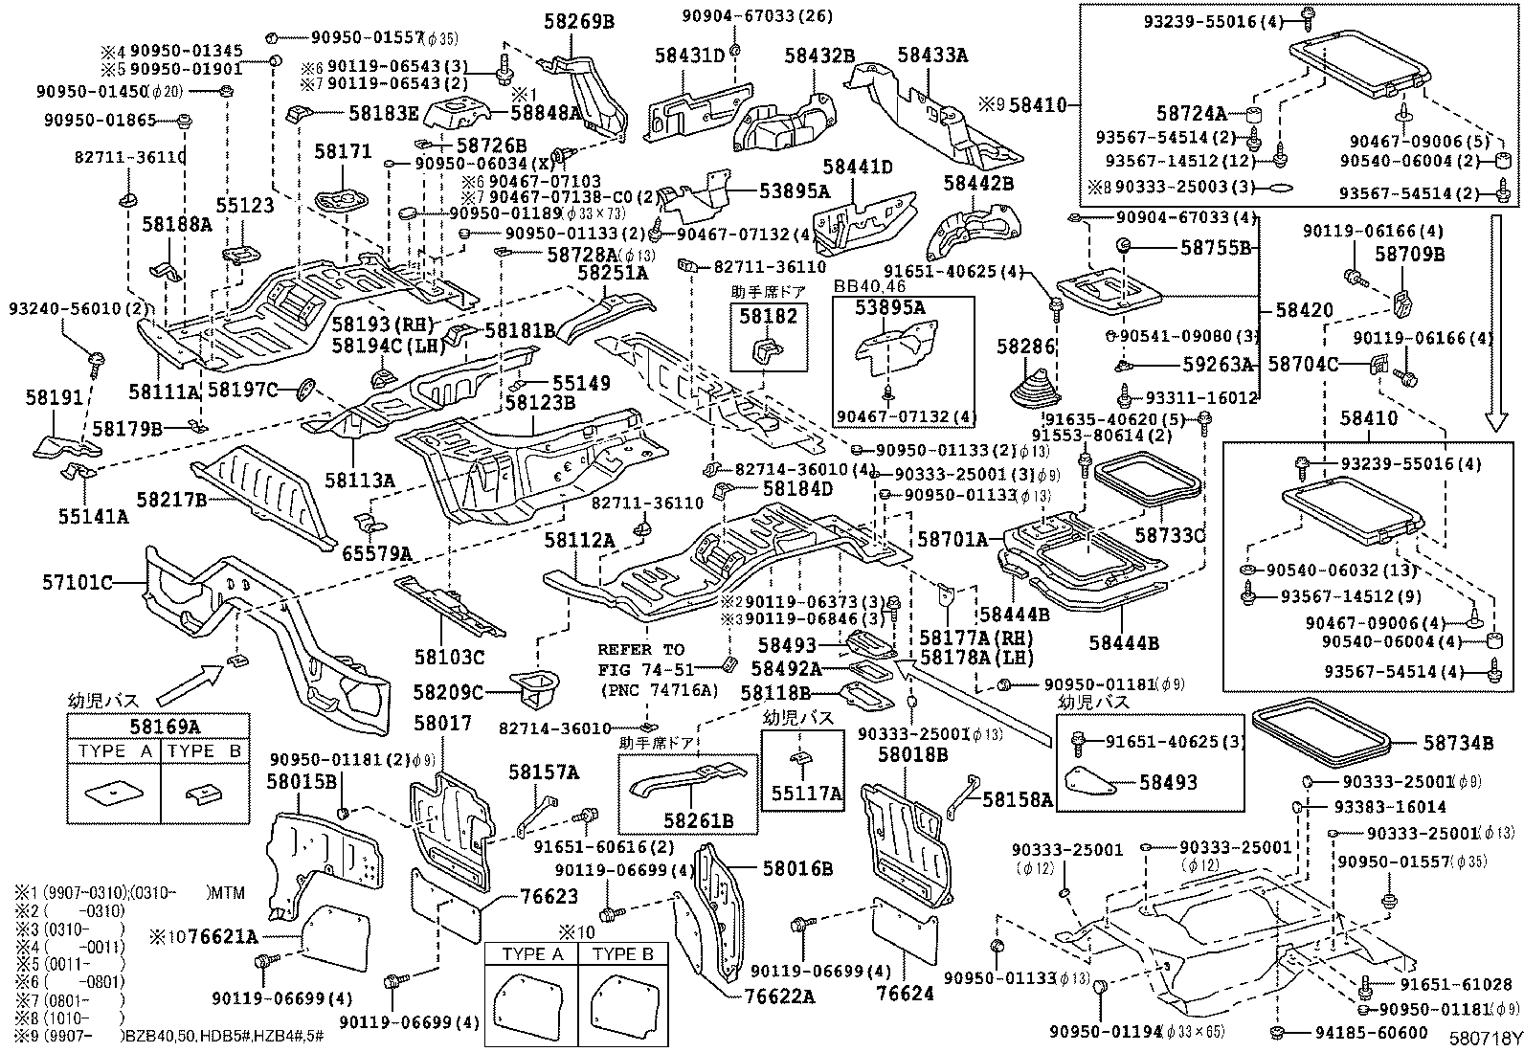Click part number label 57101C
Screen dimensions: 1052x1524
coord(78,581)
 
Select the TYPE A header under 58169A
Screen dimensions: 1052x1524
coord(114,751)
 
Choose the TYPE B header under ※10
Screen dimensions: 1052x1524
coord(621,955)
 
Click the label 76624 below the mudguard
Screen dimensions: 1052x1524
coord(904,994)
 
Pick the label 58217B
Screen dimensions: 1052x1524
coord(171,499)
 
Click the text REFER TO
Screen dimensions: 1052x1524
coord(640,649)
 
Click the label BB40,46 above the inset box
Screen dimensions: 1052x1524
coord(868,285)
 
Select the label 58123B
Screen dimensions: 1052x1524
coord(540,403)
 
